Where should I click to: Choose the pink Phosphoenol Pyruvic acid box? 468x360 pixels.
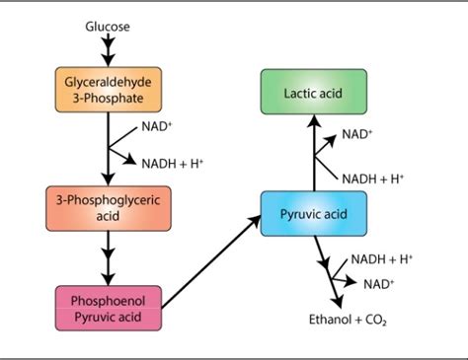(x=108, y=307)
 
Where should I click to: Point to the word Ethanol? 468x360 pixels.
(x=327, y=321)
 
